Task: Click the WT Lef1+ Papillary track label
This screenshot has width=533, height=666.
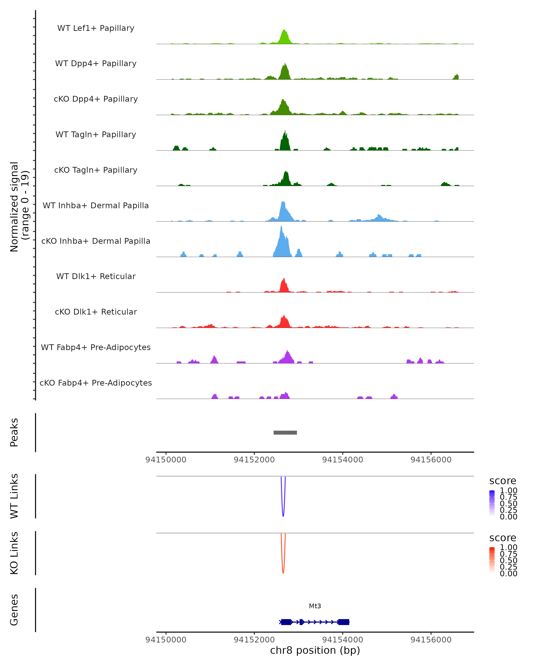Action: coord(96,28)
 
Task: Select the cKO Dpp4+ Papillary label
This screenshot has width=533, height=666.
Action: coord(96,99)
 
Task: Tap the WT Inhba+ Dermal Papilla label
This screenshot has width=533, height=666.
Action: coord(96,205)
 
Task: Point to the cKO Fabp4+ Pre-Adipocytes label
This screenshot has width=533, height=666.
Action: coord(96,383)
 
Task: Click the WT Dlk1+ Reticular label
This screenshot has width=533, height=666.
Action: coord(96,276)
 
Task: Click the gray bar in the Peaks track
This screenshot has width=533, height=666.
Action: coord(285,432)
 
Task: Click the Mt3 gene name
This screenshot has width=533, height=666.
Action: coord(315,606)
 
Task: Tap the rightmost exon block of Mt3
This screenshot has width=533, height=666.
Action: coord(344,622)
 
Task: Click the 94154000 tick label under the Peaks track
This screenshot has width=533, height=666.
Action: coord(342,460)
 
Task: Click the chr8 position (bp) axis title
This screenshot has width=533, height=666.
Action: coord(315,650)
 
